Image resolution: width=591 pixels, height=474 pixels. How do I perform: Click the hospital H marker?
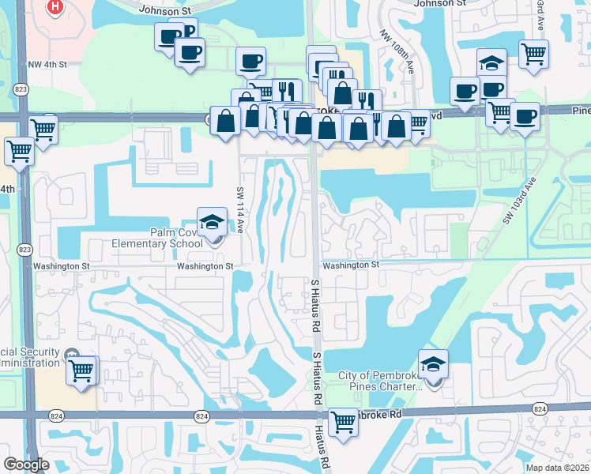click(x=55, y=8)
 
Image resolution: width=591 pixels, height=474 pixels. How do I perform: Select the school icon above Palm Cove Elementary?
click(x=212, y=222)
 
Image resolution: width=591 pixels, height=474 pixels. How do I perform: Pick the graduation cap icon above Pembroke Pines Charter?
click(x=433, y=364)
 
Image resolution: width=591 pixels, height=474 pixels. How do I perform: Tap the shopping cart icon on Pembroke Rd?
click(x=343, y=422)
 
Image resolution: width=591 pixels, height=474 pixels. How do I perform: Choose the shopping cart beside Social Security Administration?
click(x=81, y=370)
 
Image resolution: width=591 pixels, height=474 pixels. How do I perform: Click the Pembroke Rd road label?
click(x=378, y=414)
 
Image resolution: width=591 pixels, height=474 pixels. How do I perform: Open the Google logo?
click(x=26, y=465)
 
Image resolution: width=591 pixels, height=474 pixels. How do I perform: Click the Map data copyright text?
click(x=556, y=468)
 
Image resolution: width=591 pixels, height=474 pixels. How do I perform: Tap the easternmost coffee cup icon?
click(x=525, y=116)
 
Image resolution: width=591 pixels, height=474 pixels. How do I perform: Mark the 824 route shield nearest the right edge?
click(x=540, y=408)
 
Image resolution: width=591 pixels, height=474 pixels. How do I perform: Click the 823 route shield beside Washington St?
click(x=24, y=250)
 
